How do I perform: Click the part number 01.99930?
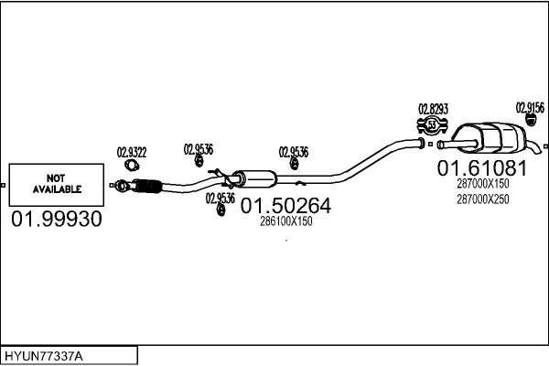click(57, 220)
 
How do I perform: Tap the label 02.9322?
click(132, 153)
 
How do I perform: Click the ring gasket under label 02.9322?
click(133, 166)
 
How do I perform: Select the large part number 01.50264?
click(285, 207)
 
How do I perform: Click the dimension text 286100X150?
click(285, 222)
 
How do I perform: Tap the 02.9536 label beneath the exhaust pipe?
click(221, 197)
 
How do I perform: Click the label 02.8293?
click(433, 108)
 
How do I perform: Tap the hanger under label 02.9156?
click(531, 120)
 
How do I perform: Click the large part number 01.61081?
click(481, 168)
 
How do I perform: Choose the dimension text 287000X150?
click(482, 184)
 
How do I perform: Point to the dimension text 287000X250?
click(482, 199)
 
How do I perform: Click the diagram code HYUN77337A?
click(44, 355)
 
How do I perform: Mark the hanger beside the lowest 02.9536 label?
click(221, 211)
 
